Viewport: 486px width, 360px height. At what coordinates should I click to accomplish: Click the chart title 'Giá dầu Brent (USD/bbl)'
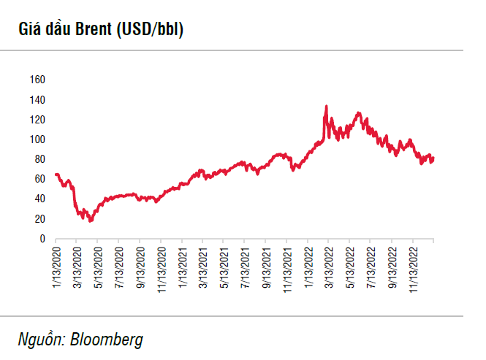tap(96, 30)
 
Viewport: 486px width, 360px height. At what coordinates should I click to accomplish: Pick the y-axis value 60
tap(40, 179)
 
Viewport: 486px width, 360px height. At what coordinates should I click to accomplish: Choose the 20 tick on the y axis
tap(40, 219)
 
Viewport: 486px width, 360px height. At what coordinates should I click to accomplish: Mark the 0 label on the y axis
tap(42, 239)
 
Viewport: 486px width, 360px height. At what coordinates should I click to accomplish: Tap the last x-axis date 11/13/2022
tap(413, 269)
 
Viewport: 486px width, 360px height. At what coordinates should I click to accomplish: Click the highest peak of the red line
tap(326, 106)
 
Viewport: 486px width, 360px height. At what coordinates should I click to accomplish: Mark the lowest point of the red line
tap(90, 221)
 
